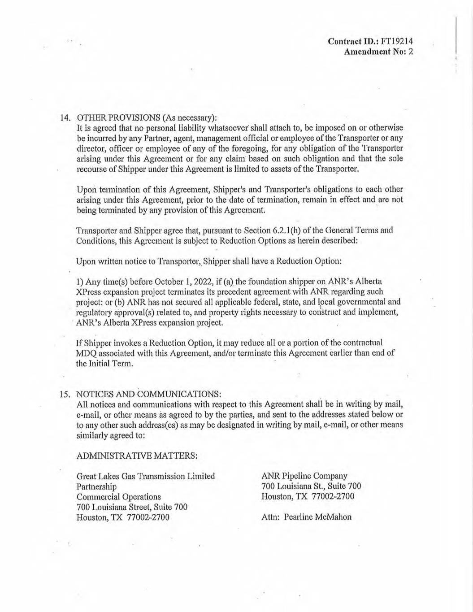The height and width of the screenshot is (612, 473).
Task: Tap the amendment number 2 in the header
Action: pos(410,52)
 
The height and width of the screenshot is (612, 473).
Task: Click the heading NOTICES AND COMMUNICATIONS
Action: pos(149,395)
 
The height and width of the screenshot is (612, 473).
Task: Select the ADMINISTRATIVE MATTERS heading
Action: pos(137,456)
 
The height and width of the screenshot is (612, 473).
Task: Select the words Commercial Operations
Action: pos(119,497)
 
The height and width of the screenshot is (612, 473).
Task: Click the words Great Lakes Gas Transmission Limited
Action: pos(146,476)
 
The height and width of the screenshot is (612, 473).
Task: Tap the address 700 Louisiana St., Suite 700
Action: pos(311,486)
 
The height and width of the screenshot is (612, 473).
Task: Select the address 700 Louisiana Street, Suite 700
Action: pos(132,507)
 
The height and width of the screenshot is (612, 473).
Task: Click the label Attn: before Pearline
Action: pos(270,517)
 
